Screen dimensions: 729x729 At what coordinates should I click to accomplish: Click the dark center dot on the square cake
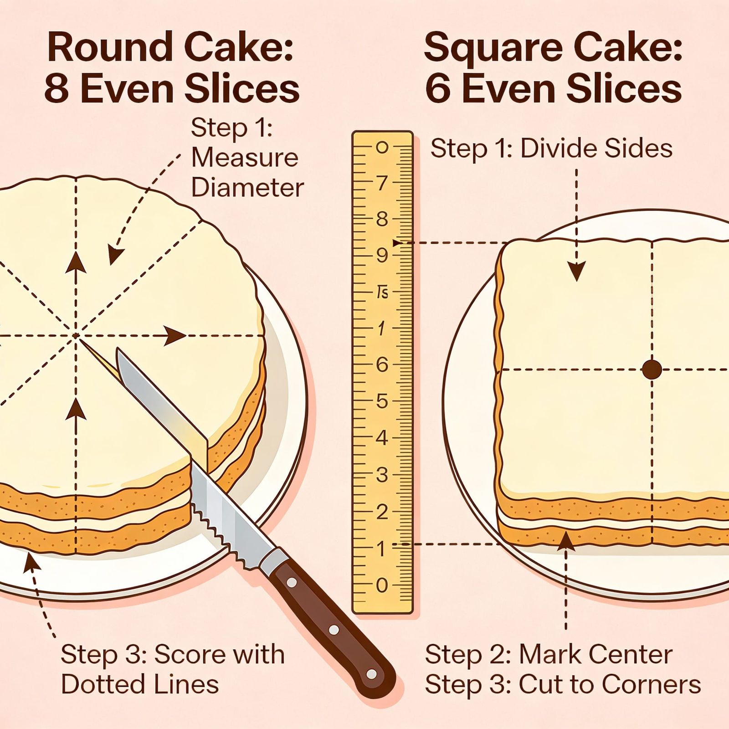click(652, 369)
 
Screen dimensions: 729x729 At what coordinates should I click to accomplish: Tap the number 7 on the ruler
click(382, 183)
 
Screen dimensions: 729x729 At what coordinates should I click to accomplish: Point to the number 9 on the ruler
click(382, 256)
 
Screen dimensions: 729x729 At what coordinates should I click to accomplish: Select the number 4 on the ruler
click(382, 438)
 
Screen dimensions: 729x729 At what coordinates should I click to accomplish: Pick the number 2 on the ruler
click(382, 512)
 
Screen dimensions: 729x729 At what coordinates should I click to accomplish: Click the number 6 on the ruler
click(382, 365)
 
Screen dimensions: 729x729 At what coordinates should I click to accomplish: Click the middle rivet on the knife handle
click(334, 630)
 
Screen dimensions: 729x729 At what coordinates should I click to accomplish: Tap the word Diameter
click(247, 188)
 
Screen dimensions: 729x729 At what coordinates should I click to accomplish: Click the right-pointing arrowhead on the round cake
click(175, 336)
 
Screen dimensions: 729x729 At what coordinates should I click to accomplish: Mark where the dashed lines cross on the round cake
click(76, 336)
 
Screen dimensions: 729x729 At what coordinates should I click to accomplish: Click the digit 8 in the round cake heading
click(57, 89)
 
